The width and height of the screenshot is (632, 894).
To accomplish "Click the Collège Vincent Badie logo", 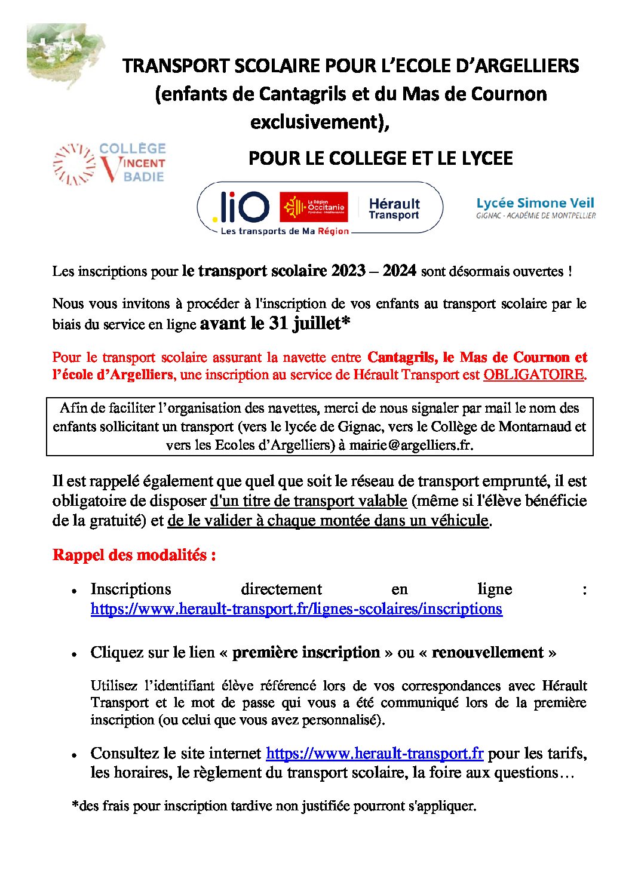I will coord(109,163).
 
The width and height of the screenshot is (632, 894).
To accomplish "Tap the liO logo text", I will coord(241,207).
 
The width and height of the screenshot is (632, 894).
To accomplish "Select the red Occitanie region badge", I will coord(314,207).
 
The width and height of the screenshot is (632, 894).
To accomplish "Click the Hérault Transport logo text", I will coord(394,209).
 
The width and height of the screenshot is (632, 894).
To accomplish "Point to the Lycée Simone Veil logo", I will coord(535,207).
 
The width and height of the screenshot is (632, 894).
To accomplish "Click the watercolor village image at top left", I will coord(64,54).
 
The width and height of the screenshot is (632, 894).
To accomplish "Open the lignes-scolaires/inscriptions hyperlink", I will coord(296,609).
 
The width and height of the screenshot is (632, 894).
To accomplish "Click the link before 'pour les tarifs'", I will coord(375,753).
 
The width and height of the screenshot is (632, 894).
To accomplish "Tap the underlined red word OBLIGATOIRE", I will coord(533,374).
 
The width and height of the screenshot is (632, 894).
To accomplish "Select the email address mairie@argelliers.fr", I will coord(410,445).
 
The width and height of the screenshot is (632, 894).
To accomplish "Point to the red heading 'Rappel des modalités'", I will coord(134,555).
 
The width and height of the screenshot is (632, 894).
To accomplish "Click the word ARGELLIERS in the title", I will coord(519,66).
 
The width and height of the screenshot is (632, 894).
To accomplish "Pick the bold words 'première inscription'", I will coord(306,652).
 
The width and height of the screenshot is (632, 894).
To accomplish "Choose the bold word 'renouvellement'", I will coord(487,652).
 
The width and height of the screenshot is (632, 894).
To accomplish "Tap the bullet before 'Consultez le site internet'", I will coord(74,755).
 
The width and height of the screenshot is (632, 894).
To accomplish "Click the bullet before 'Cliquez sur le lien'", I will coord(74,655).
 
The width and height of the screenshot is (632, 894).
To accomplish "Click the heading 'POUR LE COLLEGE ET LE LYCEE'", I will coord(381,158).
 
